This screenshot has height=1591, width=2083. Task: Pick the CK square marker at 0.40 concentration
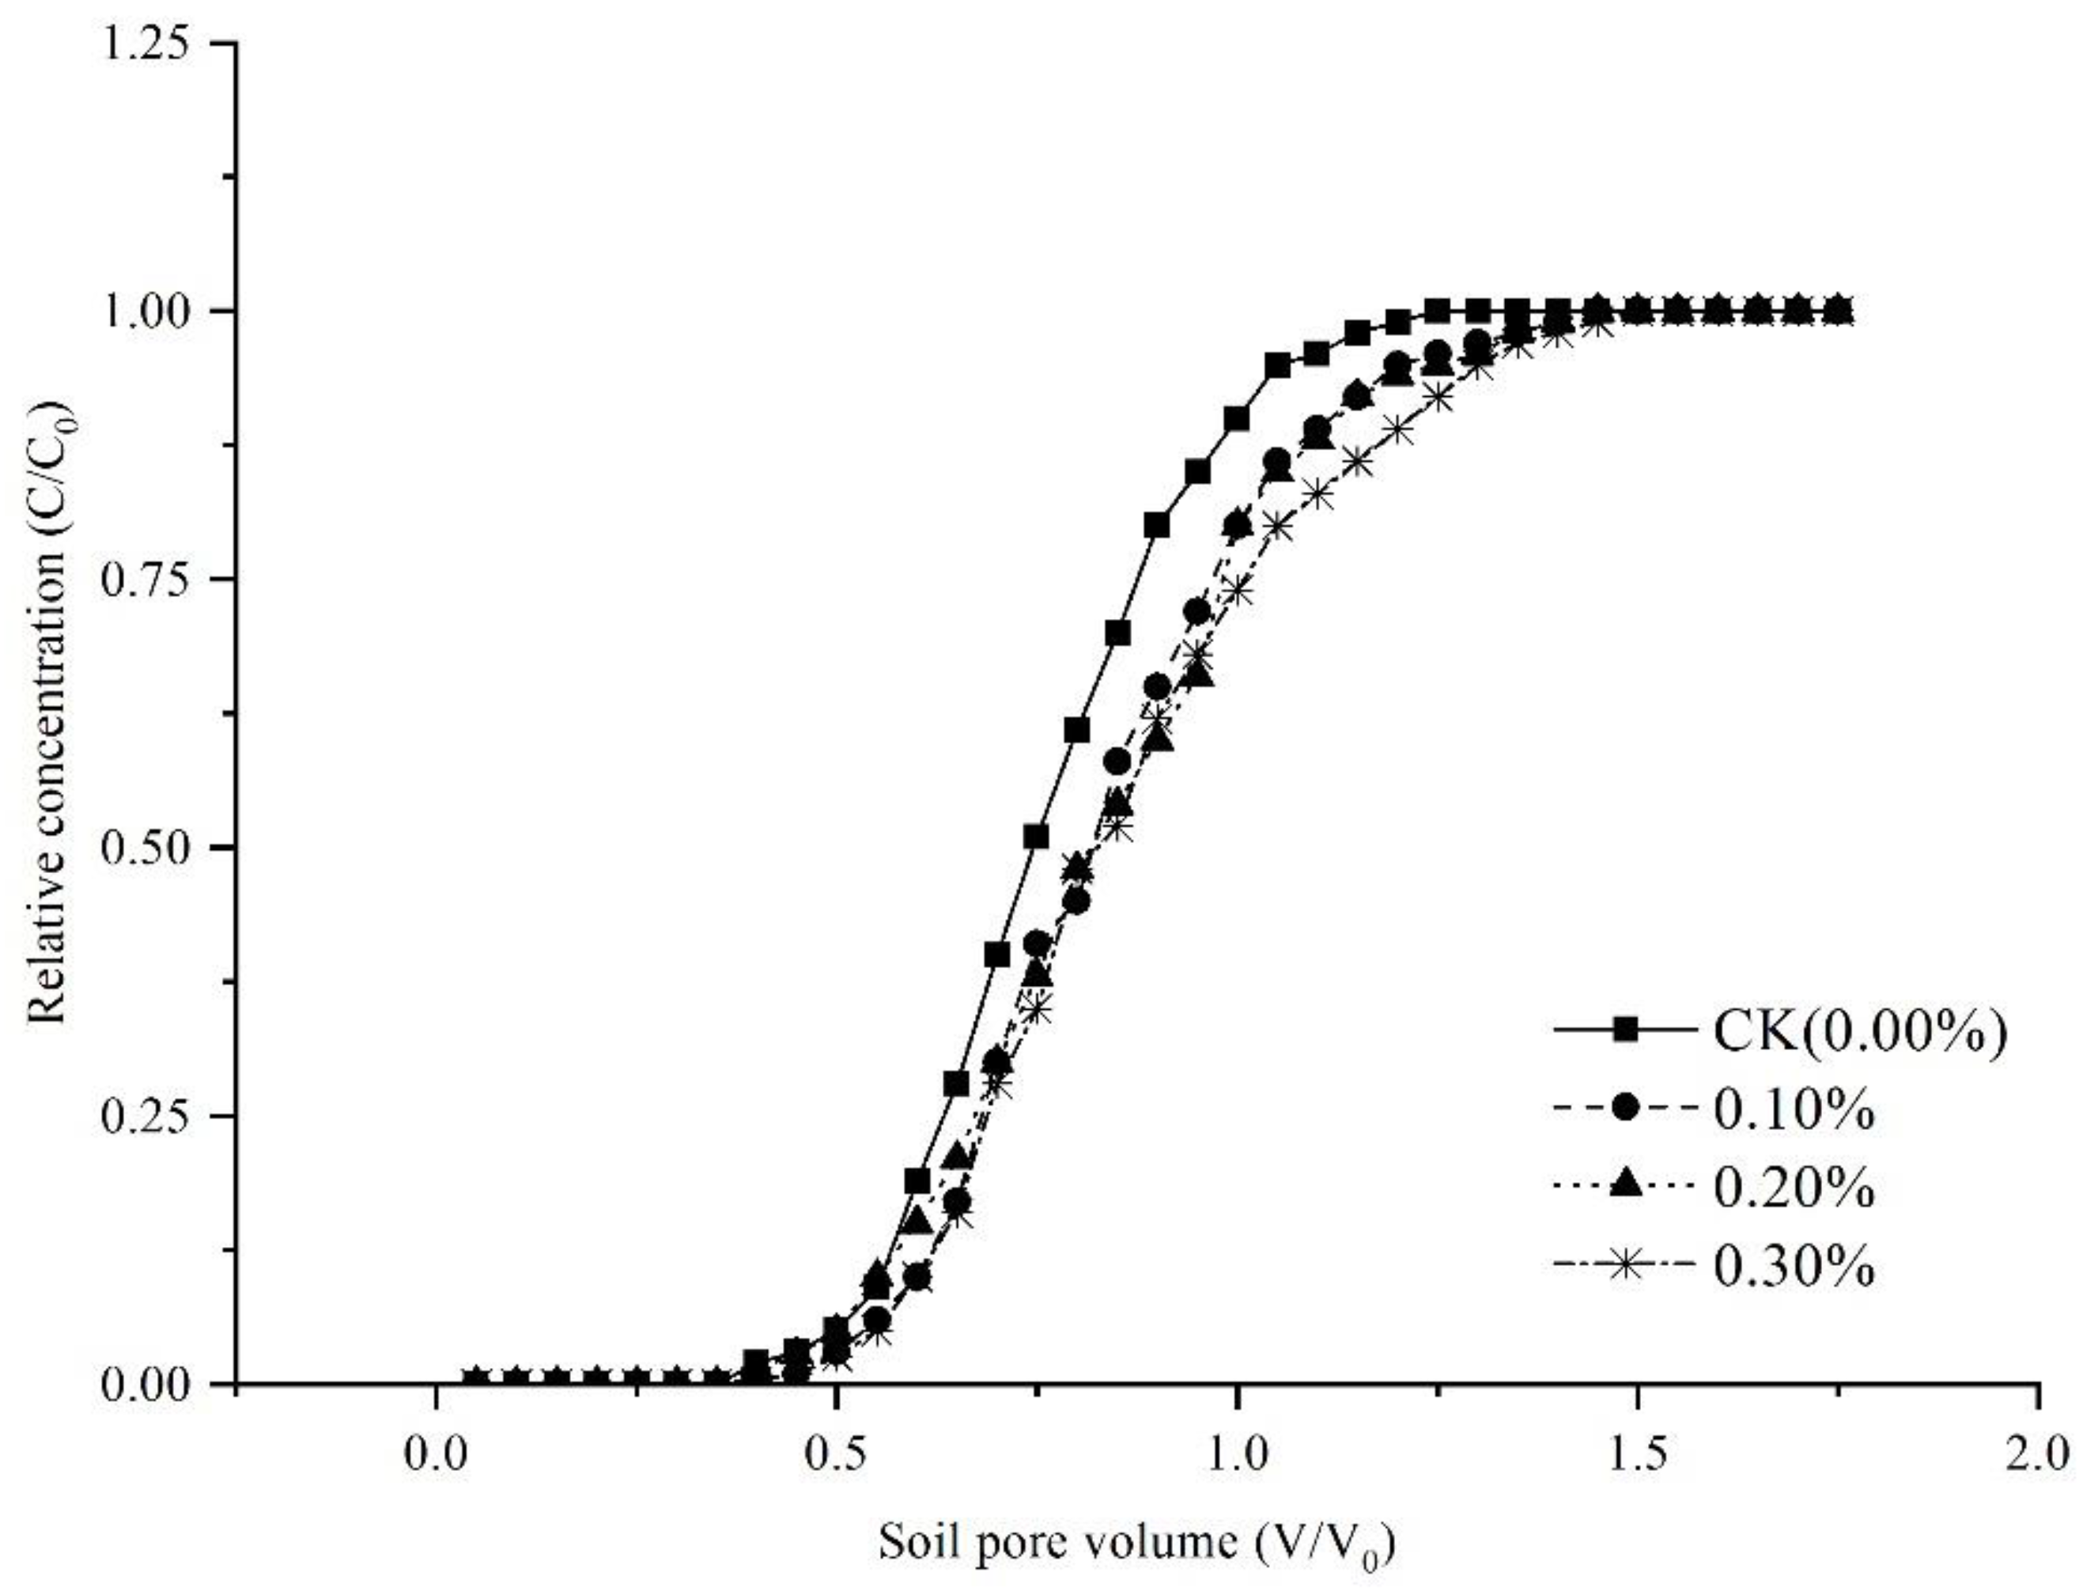pyautogui.click(x=997, y=955)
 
